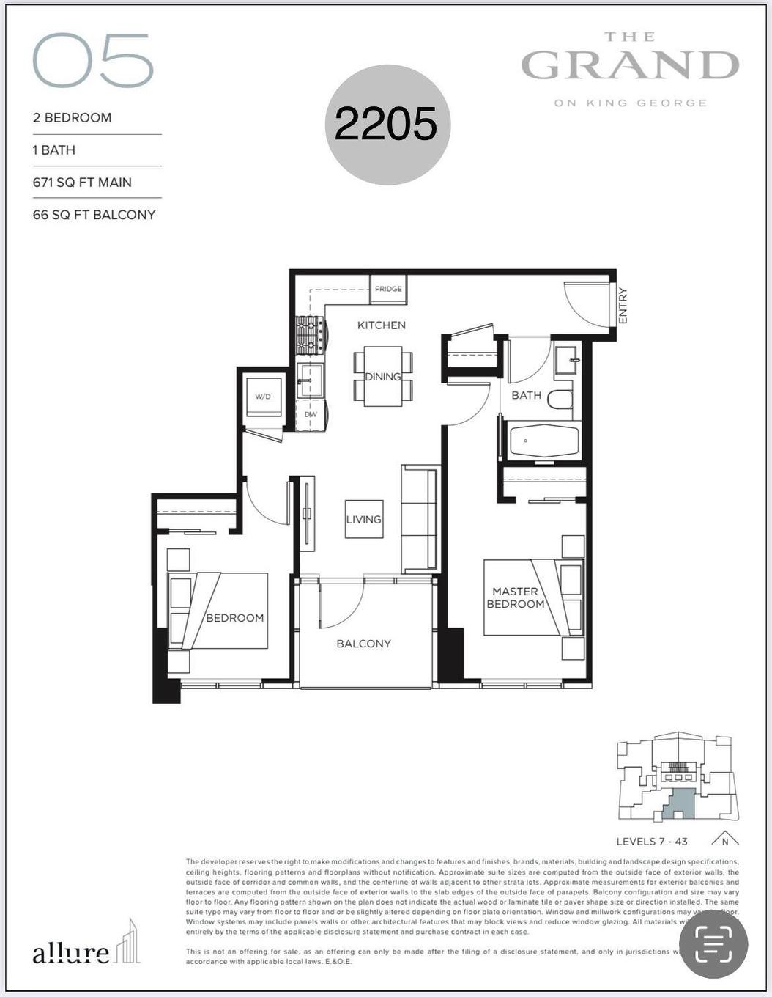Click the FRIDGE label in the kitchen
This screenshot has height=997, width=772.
(x=388, y=289)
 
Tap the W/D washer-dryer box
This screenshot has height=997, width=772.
(x=263, y=397)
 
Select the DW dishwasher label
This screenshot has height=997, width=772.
(x=311, y=415)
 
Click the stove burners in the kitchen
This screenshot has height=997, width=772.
(x=310, y=336)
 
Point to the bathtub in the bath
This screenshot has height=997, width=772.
(x=544, y=441)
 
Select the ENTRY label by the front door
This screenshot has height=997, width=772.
(x=623, y=306)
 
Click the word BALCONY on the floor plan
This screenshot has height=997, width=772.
(x=363, y=644)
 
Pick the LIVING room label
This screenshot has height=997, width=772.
(x=364, y=519)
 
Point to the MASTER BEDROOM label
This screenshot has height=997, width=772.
(x=516, y=597)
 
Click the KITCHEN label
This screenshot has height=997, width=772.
(x=381, y=325)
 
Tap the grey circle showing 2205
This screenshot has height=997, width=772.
(x=387, y=125)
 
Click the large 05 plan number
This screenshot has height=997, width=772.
(x=93, y=61)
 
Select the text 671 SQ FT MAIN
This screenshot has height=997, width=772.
(x=82, y=183)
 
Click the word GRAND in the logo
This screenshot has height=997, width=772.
(x=630, y=65)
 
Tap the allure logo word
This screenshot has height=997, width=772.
(x=70, y=953)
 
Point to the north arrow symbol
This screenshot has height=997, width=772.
(x=724, y=839)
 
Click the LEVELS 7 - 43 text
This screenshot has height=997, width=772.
(x=651, y=841)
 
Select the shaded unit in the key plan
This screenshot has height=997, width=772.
(x=680, y=804)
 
